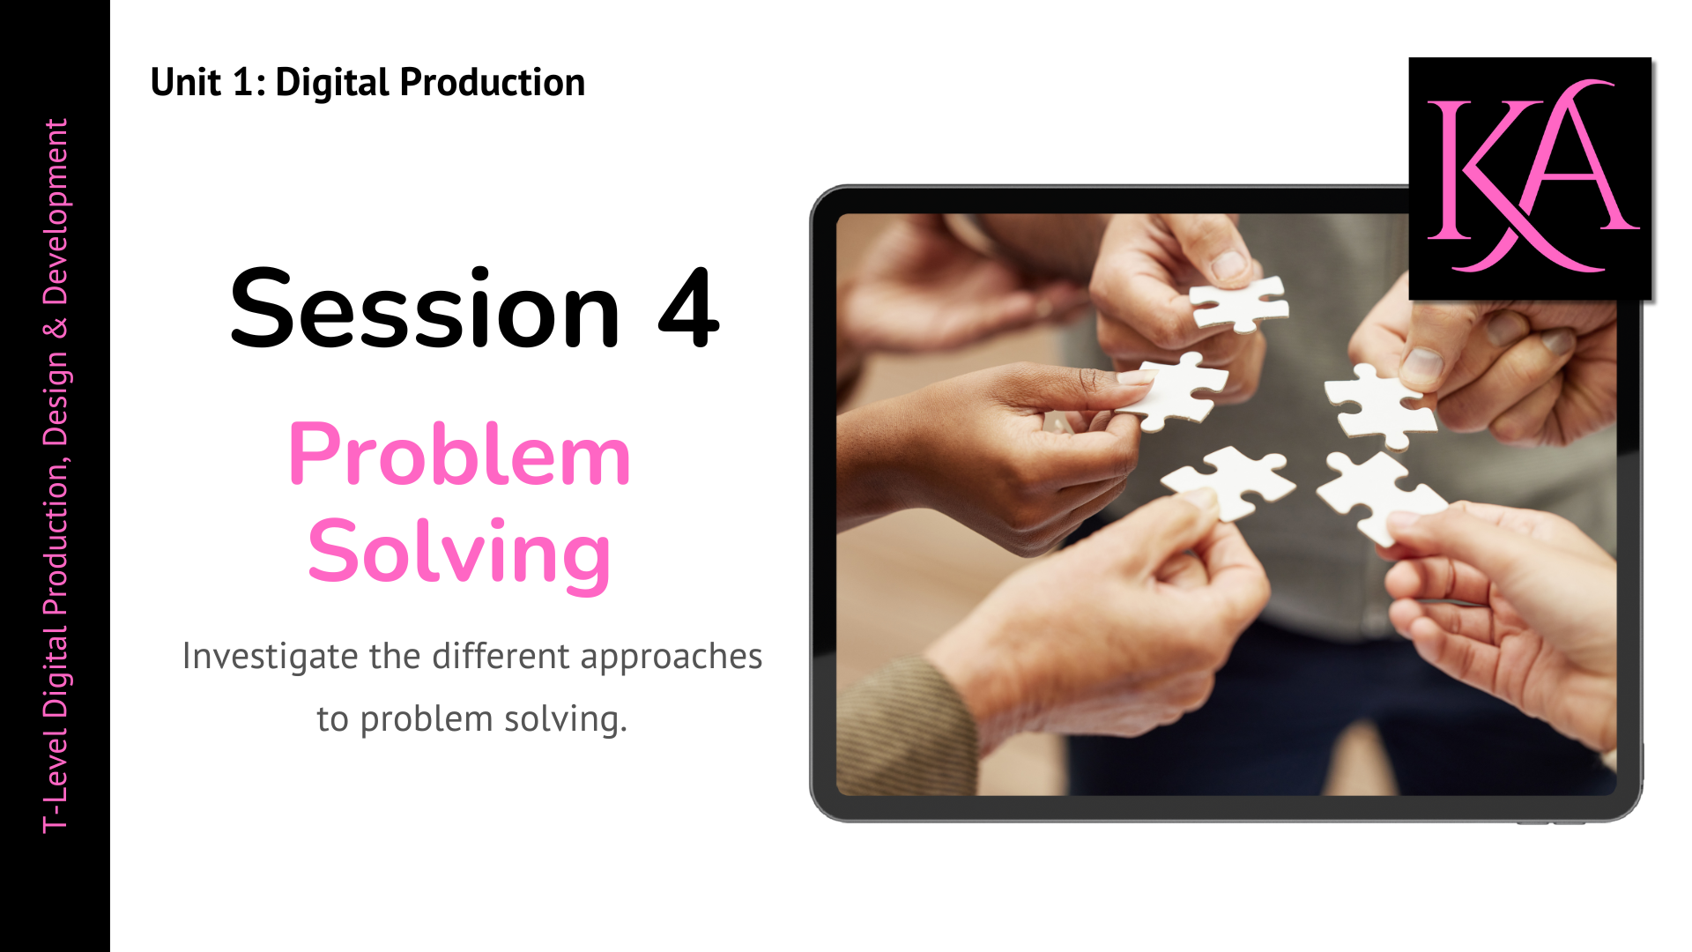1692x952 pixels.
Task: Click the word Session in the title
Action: click(x=425, y=310)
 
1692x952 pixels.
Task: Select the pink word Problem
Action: click(x=459, y=456)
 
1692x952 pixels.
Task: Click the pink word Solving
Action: click(x=459, y=554)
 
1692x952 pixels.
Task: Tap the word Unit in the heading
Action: click(x=185, y=83)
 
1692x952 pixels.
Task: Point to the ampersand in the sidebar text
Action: click(x=56, y=328)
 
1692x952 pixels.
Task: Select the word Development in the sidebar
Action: click(x=56, y=212)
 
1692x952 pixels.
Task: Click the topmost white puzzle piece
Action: click(x=1239, y=303)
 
